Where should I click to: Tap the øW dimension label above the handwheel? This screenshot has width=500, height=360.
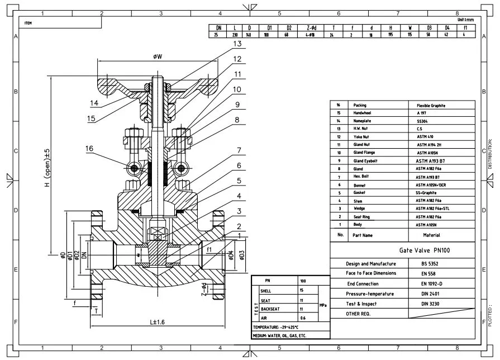[x=157, y=56]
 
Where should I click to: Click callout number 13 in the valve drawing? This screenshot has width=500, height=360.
[x=237, y=44]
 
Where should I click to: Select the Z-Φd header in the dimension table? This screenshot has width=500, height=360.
[x=311, y=27]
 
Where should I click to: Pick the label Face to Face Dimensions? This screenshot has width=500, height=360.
[x=371, y=273]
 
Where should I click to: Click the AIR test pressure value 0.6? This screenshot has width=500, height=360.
[x=303, y=318]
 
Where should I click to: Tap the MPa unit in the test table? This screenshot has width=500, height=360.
[x=322, y=304]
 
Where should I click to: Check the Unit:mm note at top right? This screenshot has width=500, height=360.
[x=465, y=20]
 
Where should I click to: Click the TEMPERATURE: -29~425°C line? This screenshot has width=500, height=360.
[x=276, y=327]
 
